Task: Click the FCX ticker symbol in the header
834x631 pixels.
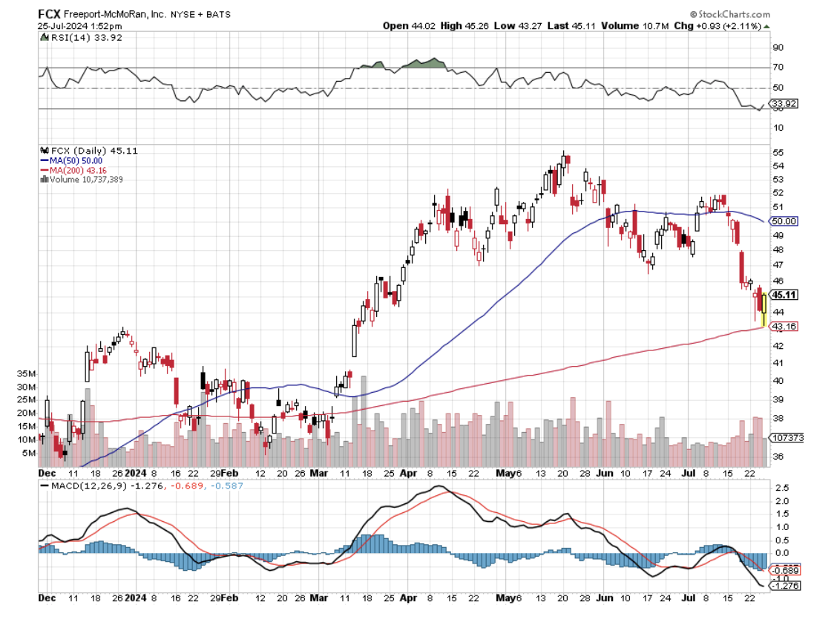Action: pyautogui.click(x=49, y=14)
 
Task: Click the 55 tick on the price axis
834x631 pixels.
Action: pyautogui.click(x=778, y=151)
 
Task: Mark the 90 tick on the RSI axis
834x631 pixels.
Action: pyautogui.click(x=778, y=48)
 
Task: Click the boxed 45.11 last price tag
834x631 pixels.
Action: pyautogui.click(x=784, y=295)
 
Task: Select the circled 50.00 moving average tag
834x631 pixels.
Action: pyautogui.click(x=784, y=221)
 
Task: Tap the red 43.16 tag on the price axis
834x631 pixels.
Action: pyautogui.click(x=784, y=326)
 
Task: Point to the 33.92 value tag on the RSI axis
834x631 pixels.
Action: pyautogui.click(x=784, y=103)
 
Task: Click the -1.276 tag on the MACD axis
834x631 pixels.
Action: pyautogui.click(x=785, y=586)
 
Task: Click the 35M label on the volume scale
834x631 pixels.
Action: pyautogui.click(x=26, y=374)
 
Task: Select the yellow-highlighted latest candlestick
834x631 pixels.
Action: pyautogui.click(x=764, y=309)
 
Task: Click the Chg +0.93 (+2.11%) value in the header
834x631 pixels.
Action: pyautogui.click(x=732, y=26)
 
